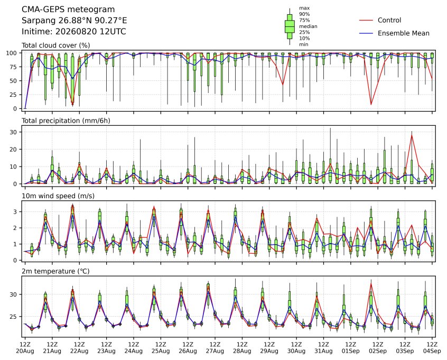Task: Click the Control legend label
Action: point(389,20)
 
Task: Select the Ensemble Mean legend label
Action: point(403,33)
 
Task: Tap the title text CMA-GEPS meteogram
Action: point(68,10)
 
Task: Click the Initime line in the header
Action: point(74,31)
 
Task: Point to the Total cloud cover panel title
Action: point(56,45)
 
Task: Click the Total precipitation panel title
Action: point(66,121)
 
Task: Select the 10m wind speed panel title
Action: point(58,196)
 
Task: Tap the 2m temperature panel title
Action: point(55,271)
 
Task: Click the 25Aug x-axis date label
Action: point(161,351)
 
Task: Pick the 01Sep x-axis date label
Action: point(351,351)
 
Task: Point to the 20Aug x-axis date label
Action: point(25,351)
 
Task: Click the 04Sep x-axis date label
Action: point(432,351)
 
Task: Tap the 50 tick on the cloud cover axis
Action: point(13,81)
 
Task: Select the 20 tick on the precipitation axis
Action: point(13,150)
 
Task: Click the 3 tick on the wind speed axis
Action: point(15,211)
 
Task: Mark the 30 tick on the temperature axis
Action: point(13,294)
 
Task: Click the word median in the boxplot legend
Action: point(308,26)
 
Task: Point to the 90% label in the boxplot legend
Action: point(304,14)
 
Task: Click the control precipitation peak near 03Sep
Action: point(412,135)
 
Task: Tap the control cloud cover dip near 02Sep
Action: point(371,105)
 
